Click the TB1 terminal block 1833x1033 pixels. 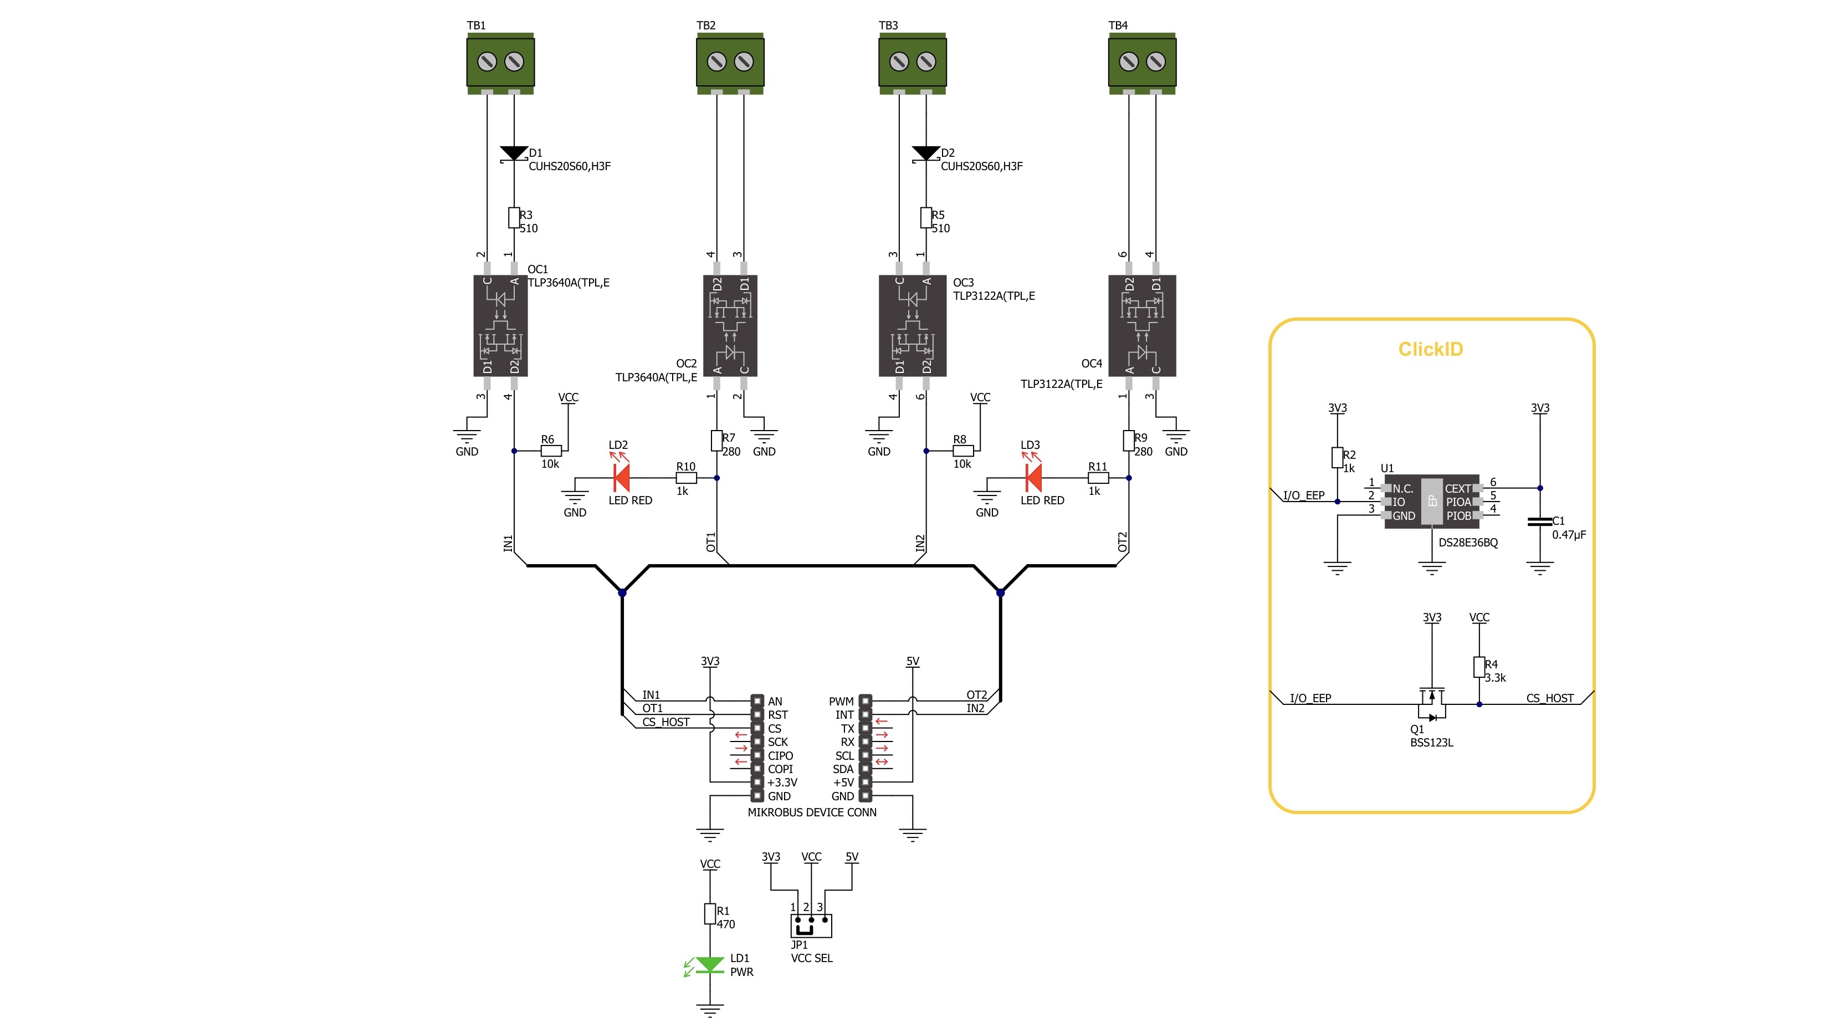(x=500, y=63)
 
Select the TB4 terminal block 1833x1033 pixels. (x=1142, y=63)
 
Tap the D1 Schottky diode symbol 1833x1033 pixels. (x=514, y=154)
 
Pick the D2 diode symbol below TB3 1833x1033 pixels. (x=926, y=154)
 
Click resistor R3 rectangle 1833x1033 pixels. (x=514, y=218)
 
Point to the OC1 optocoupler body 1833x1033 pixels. (x=500, y=326)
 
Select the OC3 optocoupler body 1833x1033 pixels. (x=912, y=326)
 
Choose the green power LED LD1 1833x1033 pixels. (x=709, y=965)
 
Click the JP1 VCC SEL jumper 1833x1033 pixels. (x=811, y=925)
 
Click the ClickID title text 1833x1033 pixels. (x=1430, y=349)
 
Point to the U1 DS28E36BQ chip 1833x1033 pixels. (x=1432, y=502)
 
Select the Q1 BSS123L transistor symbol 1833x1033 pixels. (x=1432, y=704)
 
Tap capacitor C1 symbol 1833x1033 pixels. (x=1540, y=522)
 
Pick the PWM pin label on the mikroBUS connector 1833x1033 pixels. (x=841, y=702)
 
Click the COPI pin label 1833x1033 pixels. (x=780, y=769)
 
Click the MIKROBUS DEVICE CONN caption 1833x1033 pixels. (x=812, y=812)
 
